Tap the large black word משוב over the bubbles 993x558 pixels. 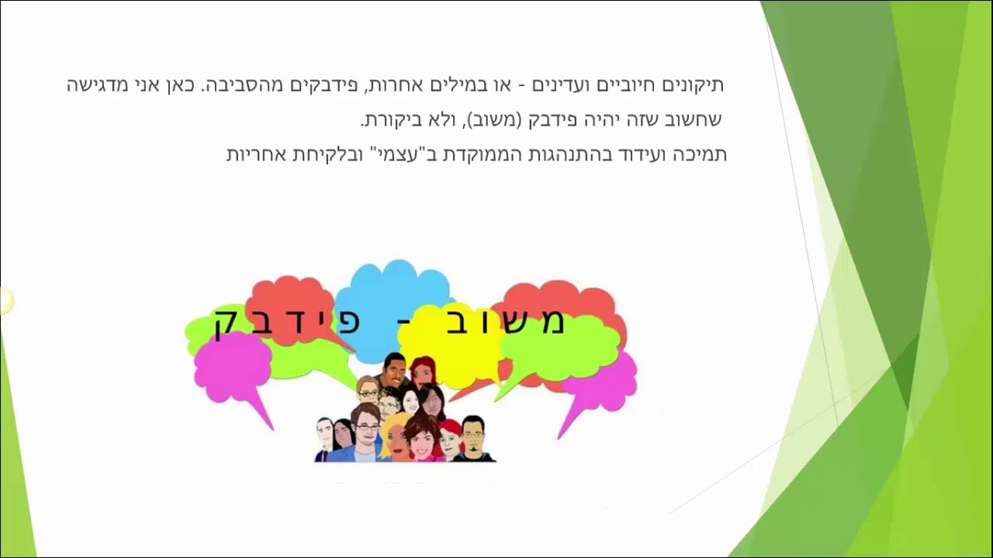tap(504, 322)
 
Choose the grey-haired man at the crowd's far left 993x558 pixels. tap(324, 436)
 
